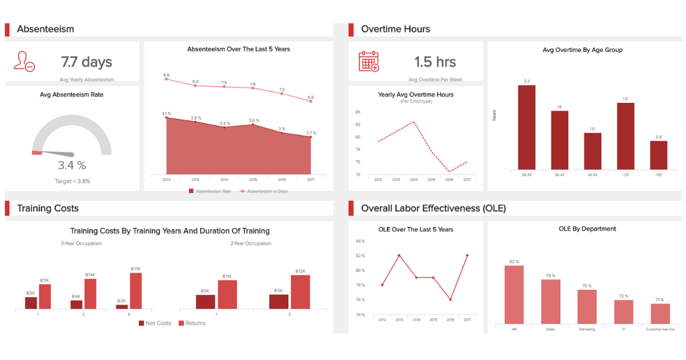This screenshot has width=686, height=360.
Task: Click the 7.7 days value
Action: [86, 62]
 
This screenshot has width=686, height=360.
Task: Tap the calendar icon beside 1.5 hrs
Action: [369, 61]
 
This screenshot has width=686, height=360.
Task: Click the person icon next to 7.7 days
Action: [25, 61]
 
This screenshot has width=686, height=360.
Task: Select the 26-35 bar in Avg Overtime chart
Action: [527, 127]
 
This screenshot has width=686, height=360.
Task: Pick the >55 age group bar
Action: [659, 155]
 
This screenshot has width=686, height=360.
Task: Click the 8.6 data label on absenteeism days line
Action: [166, 75]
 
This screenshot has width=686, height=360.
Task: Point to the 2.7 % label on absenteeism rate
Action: [311, 133]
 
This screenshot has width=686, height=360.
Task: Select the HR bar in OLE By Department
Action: [514, 295]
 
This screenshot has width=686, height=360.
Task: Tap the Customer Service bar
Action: [660, 314]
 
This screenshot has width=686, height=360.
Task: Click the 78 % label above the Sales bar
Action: [551, 275]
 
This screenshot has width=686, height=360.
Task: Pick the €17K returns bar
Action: [135, 290]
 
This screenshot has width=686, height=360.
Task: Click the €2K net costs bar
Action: [122, 306]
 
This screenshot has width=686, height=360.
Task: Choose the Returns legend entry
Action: [192, 323]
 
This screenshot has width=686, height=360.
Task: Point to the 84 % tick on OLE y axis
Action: [360, 241]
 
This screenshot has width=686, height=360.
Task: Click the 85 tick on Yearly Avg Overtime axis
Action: [357, 112]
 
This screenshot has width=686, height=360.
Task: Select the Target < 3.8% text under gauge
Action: [72, 181]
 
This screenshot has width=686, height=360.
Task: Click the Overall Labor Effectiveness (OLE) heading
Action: [433, 208]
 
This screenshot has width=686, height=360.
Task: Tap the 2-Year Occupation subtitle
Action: [250, 243]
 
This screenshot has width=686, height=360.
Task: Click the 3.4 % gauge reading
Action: [72, 166]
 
